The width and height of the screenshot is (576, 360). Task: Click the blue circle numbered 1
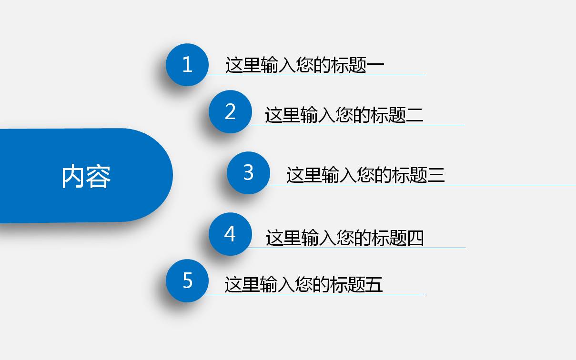[x=187, y=65]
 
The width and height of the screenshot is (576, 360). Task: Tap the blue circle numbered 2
[x=230, y=112]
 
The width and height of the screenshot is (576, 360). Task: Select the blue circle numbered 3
[x=248, y=173]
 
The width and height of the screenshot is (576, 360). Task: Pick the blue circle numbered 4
[x=230, y=234]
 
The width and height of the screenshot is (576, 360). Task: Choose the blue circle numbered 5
[x=187, y=280]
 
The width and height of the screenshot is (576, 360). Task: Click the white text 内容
[x=86, y=176]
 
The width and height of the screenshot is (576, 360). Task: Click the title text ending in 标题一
[x=305, y=65]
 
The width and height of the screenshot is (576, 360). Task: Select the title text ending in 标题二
[x=344, y=115]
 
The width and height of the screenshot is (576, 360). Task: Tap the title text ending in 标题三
[x=365, y=175]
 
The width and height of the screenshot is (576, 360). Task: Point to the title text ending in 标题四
[x=344, y=238]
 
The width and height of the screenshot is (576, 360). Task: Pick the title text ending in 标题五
[x=303, y=284]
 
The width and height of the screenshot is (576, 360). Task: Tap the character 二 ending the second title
[x=415, y=115]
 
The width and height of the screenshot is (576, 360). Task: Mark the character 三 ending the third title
[x=436, y=175]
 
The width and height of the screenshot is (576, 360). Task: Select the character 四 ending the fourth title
[x=415, y=238]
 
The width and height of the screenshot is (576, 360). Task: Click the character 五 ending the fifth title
[x=374, y=284]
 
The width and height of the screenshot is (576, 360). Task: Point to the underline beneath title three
[x=421, y=185]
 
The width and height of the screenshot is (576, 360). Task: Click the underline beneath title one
[x=316, y=75]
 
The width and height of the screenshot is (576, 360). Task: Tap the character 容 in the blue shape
[x=99, y=177]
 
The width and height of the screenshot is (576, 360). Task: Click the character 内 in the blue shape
[x=74, y=176]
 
